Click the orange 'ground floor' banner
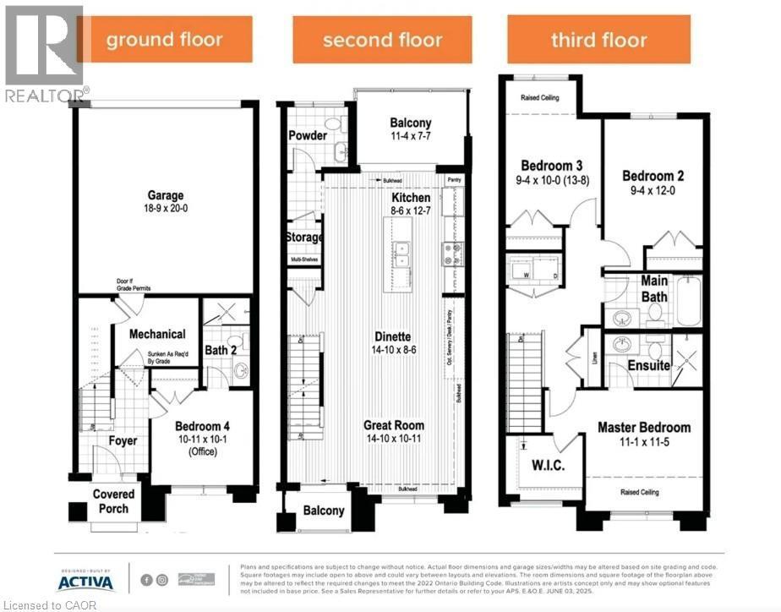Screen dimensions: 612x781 [165, 39]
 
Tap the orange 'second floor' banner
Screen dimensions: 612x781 [382, 39]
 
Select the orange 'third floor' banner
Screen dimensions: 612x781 [598, 39]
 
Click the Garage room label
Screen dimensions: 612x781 [164, 195]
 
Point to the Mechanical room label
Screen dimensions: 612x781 [156, 334]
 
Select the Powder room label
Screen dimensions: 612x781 [308, 136]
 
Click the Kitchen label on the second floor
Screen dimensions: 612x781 [411, 198]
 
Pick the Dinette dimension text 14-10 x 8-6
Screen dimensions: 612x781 [388, 349]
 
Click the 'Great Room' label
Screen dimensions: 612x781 [394, 425]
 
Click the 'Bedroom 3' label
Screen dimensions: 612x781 [550, 166]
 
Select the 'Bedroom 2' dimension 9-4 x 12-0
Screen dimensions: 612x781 [653, 190]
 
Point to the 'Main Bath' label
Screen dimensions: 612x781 [653, 289]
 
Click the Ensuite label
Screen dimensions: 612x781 [649, 366]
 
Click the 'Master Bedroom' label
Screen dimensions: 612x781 [644, 428]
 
